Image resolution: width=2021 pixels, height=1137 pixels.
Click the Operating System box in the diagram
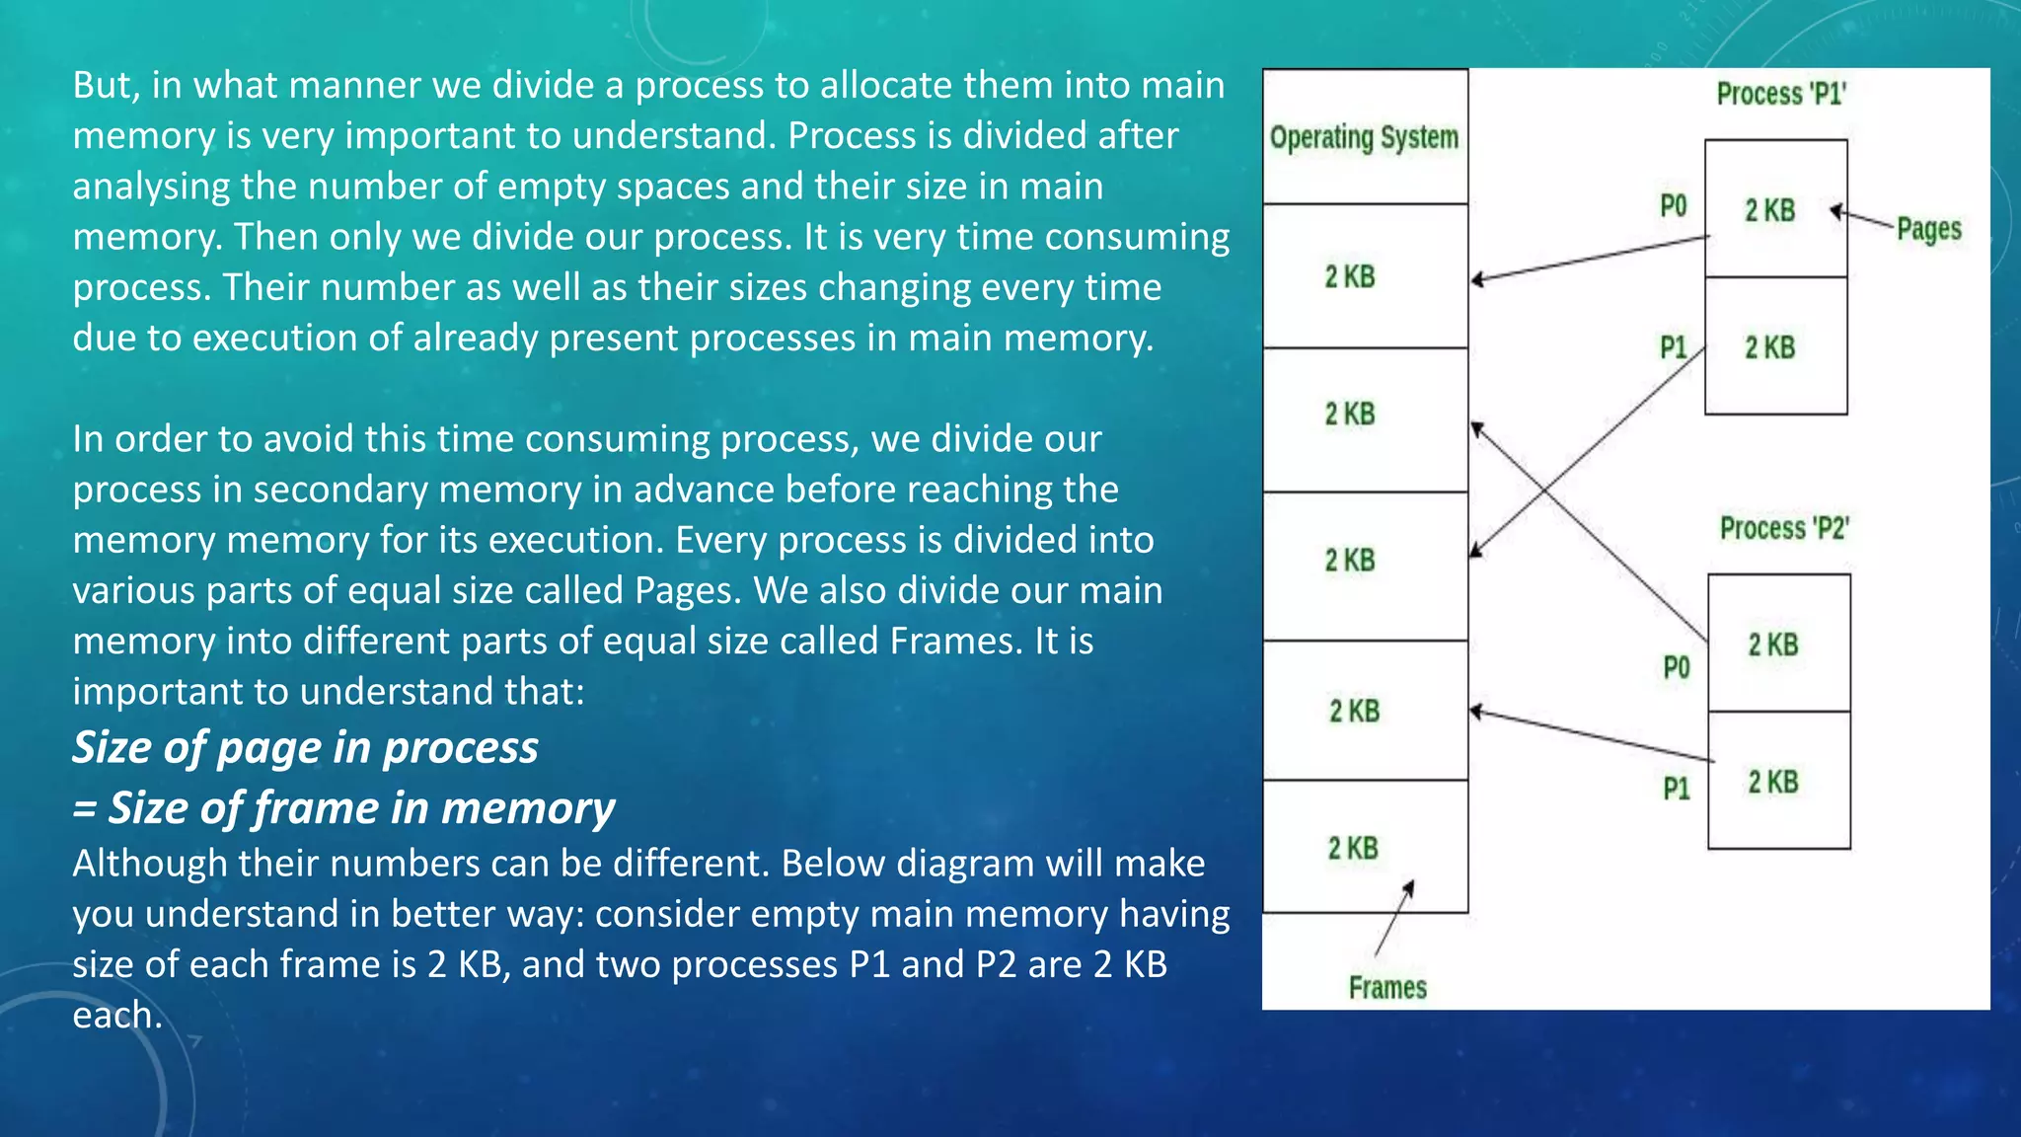pyautogui.click(x=1365, y=137)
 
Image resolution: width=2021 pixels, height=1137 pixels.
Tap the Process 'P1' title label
pyautogui.click(x=1780, y=94)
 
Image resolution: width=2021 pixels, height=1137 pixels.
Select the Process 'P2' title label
pyautogui.click(x=1784, y=528)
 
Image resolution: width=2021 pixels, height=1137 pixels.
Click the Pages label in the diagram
pyautogui.click(x=1928, y=229)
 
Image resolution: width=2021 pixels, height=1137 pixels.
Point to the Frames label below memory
pyautogui.click(x=1387, y=987)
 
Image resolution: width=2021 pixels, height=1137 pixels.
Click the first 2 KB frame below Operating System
pyautogui.click(x=1365, y=276)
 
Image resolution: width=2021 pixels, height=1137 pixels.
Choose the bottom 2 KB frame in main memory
pyautogui.click(x=1365, y=847)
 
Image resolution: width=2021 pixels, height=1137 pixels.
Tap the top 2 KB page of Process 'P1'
pyautogui.click(x=1775, y=209)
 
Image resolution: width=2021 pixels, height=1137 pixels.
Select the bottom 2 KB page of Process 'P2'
pyautogui.click(x=1778, y=782)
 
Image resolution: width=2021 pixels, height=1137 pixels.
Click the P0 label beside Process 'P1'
pyautogui.click(x=1674, y=206)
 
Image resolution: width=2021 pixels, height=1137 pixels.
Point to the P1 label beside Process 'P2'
pyautogui.click(x=1677, y=788)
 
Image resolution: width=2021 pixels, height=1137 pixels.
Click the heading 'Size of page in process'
pyautogui.click(x=306, y=747)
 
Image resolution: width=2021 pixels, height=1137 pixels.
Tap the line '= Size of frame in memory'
pyautogui.click(x=343, y=807)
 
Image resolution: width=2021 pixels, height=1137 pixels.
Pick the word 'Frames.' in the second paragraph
pyautogui.click(x=956, y=641)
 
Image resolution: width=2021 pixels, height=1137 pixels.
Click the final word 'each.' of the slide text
pyautogui.click(x=117, y=1015)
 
